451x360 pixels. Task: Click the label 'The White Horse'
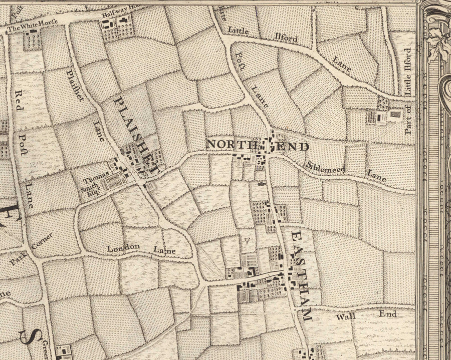point(33,26)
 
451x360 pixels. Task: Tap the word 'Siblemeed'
point(326,167)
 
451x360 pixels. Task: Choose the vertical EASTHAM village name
point(300,275)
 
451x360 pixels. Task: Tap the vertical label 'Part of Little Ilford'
point(408,91)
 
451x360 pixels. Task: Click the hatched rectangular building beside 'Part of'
point(396,115)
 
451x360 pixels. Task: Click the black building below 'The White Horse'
point(34,32)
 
